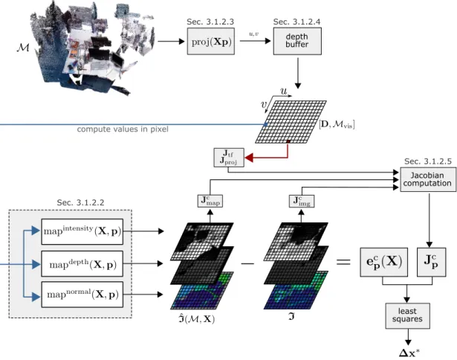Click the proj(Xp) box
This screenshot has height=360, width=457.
tap(211, 41)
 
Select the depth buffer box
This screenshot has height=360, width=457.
tap(297, 41)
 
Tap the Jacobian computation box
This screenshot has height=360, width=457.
tap(428, 179)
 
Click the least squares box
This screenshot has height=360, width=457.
tap(407, 316)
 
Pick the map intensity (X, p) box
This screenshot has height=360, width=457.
tap(82, 231)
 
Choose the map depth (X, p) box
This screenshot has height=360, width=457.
tap(82, 264)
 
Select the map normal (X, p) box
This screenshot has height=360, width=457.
tap(82, 295)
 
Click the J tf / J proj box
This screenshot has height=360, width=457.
tap(229, 158)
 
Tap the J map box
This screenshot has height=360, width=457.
tap(210, 201)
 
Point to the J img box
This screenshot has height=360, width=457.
tap(302, 201)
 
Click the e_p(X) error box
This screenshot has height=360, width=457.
tap(384, 262)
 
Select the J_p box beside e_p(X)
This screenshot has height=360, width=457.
tap(431, 262)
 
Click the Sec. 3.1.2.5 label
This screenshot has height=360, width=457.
tap(428, 161)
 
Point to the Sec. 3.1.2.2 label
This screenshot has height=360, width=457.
tap(80, 202)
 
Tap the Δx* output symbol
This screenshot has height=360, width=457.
tap(409, 353)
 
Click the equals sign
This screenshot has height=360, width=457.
tap(343, 262)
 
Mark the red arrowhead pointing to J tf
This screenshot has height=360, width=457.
tap(249, 158)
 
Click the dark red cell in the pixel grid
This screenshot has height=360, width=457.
tap(288, 141)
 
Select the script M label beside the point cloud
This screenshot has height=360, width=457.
tap(23, 47)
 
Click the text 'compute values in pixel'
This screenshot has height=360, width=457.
tap(123, 129)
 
